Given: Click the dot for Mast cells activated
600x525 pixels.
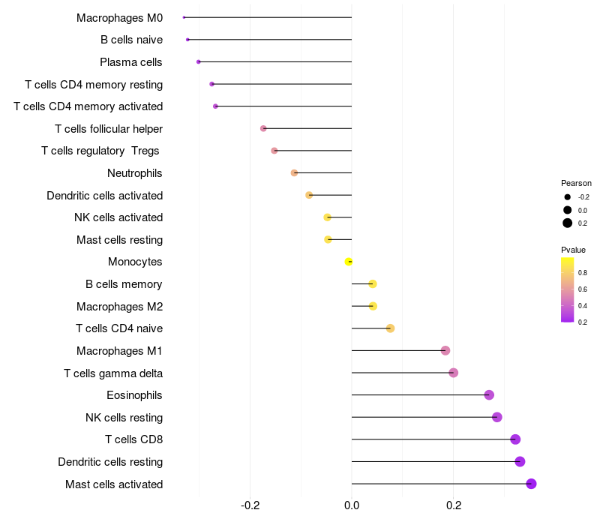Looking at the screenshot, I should (531, 484).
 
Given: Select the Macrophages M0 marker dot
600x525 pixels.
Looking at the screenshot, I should (184, 17).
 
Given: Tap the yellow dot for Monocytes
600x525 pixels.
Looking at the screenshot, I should (349, 262).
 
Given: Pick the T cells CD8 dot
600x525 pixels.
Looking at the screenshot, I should (515, 439).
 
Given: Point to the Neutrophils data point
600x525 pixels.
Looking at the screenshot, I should (294, 173).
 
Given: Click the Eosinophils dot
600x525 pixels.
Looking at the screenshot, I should (489, 395).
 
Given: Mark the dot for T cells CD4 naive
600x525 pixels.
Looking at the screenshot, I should (390, 328).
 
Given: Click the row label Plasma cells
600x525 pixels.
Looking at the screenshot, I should (131, 62).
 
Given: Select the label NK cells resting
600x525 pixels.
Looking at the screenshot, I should (124, 418).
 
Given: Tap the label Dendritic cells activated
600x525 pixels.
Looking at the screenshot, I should (104, 196).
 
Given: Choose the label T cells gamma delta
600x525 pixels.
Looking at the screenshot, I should (113, 373).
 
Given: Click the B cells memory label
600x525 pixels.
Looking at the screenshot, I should (124, 284).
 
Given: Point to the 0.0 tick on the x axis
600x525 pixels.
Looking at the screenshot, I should (352, 505).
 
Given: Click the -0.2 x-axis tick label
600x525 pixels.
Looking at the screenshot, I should (250, 505).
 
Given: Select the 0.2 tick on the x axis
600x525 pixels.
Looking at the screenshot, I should (453, 505).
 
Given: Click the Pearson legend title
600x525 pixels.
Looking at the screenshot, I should (576, 183).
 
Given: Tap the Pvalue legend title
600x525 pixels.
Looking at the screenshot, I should (573, 250).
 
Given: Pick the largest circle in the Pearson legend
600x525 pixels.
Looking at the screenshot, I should (568, 223).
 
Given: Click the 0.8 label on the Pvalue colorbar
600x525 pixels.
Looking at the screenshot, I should (583, 272).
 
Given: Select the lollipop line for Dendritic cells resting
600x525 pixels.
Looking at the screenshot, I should (435, 462).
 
